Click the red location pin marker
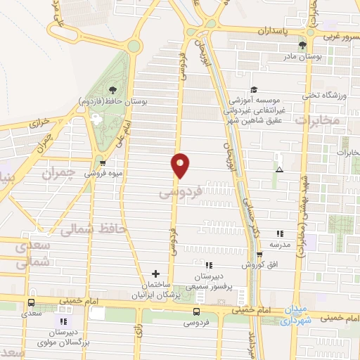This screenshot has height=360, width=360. coord(180,165)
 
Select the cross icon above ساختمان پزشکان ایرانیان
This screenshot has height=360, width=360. coord(156,273)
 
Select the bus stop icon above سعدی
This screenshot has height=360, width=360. coord(30,304)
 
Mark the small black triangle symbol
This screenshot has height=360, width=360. coord(280,169)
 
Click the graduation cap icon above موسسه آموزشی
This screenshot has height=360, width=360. coord(255,90)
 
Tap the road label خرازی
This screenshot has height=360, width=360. coord(40,122)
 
